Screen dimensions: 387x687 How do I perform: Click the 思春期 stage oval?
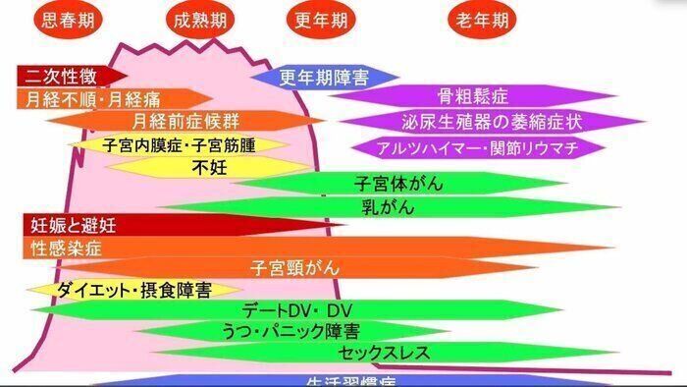coord(64,21)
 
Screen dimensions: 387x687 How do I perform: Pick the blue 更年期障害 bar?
coord(324,77)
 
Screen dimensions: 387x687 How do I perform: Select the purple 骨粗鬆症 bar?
coord(471,97)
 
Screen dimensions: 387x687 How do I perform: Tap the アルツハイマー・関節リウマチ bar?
coord(477,147)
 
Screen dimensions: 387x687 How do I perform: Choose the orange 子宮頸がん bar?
coord(294,266)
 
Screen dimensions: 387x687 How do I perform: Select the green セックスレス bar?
coord(373,352)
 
